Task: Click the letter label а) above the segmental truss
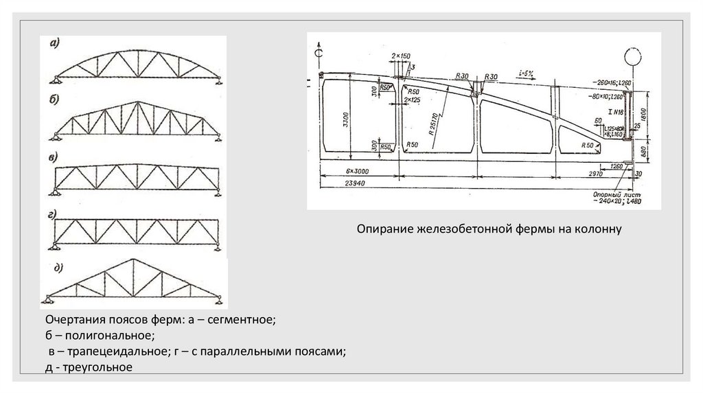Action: pos(54,43)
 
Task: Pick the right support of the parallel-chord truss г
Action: pos(218,245)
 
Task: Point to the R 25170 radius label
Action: pos(434,124)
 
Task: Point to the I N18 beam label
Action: pos(613,111)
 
